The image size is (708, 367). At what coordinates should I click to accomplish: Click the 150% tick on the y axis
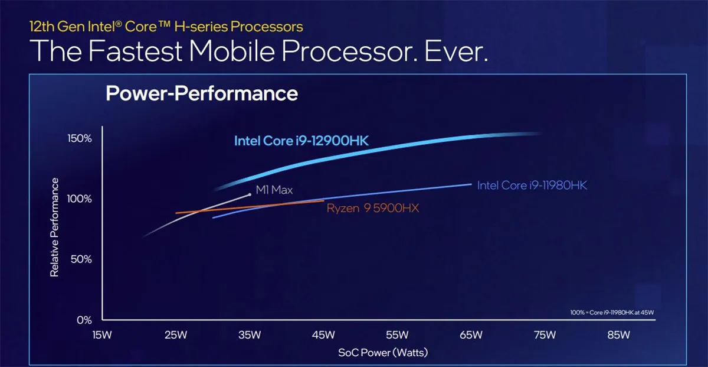tap(79, 138)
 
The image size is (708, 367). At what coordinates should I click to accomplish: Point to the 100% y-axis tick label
tap(79, 199)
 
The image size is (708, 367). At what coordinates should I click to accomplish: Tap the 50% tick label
tap(81, 259)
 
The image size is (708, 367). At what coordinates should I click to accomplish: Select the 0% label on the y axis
tap(84, 320)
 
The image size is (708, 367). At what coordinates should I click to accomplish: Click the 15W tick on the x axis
tap(102, 335)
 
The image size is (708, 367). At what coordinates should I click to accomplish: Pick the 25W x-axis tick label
tap(176, 335)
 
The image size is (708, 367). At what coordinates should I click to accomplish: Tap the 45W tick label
tap(323, 335)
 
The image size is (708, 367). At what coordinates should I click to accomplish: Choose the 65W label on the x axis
tap(471, 335)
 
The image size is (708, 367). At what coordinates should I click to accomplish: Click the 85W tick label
tap(618, 335)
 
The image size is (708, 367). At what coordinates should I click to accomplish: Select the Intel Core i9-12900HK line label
tap(301, 141)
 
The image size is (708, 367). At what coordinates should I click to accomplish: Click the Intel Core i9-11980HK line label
tap(532, 185)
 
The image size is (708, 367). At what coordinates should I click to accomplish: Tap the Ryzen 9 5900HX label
tap(373, 208)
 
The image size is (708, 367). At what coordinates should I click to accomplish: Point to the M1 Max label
tap(274, 190)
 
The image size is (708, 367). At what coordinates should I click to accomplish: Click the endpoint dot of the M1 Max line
tap(250, 195)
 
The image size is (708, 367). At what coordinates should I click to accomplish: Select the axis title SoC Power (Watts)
tap(383, 352)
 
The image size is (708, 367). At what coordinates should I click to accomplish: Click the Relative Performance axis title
tap(54, 228)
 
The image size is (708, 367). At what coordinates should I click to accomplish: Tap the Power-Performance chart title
tap(202, 93)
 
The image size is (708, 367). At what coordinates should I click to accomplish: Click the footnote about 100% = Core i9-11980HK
tap(612, 313)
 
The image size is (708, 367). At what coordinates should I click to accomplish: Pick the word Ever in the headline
tap(455, 51)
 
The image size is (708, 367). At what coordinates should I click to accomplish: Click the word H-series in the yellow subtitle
tap(201, 27)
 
